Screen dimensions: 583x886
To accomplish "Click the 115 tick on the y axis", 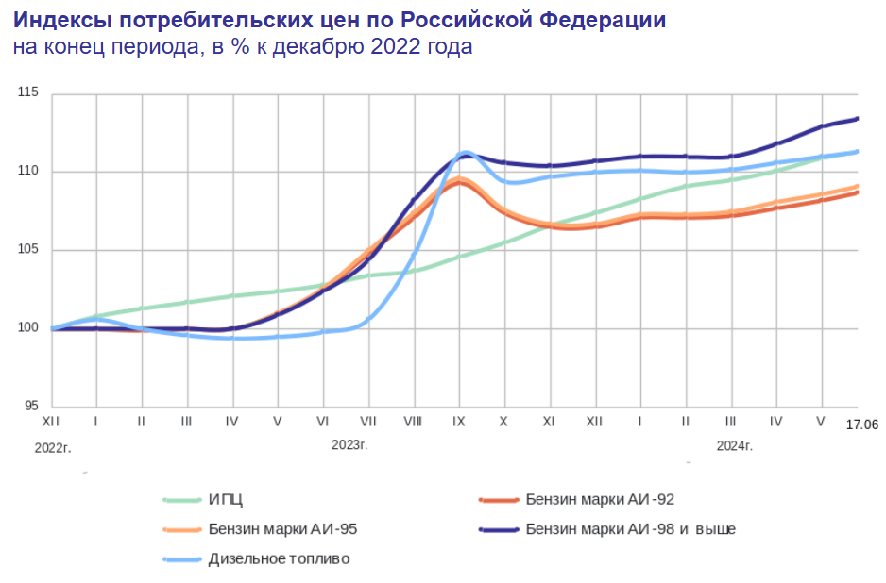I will pyautogui.click(x=26, y=93).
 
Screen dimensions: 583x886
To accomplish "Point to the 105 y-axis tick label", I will pyautogui.click(x=26, y=250).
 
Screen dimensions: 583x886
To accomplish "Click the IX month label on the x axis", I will pyautogui.click(x=458, y=421).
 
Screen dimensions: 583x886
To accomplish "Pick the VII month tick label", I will pyautogui.click(x=368, y=421).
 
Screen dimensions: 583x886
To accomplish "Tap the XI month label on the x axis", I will pyautogui.click(x=549, y=421).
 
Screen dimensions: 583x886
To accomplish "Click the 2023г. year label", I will pyautogui.click(x=349, y=444).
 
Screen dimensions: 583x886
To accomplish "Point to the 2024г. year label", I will pyautogui.click(x=734, y=444).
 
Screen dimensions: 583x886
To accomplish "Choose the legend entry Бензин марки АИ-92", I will pyautogui.click(x=599, y=500).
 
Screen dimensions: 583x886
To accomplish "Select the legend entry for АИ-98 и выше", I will pyautogui.click(x=630, y=529).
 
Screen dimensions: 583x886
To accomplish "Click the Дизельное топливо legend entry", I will pyautogui.click(x=279, y=558).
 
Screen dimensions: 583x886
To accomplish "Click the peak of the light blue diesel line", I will pyautogui.click(x=466, y=152).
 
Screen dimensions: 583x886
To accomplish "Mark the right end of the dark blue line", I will pyautogui.click(x=857, y=118).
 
